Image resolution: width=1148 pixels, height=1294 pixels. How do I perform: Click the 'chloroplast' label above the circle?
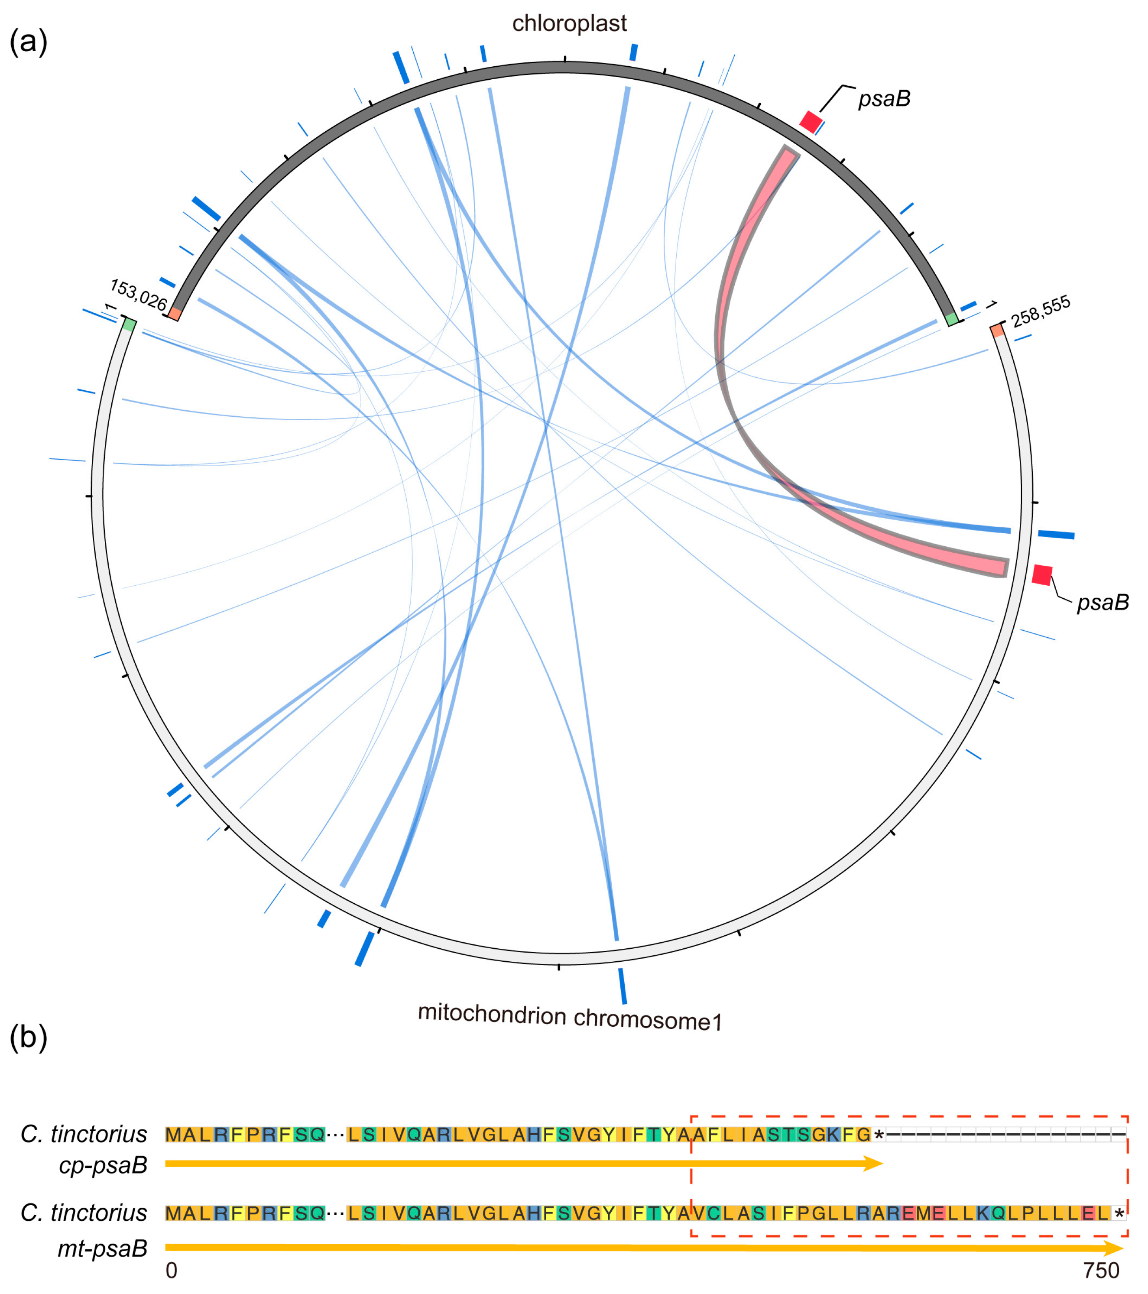[x=569, y=23]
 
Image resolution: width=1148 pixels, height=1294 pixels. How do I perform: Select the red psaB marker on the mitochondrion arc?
[x=1041, y=575]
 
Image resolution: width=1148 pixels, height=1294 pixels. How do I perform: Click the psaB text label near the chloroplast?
[x=884, y=99]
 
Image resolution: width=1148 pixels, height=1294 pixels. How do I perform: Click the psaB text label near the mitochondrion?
[x=1103, y=603]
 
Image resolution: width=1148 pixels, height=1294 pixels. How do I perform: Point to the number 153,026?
[x=138, y=295]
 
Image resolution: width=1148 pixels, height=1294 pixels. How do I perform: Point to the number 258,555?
[x=1041, y=311]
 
